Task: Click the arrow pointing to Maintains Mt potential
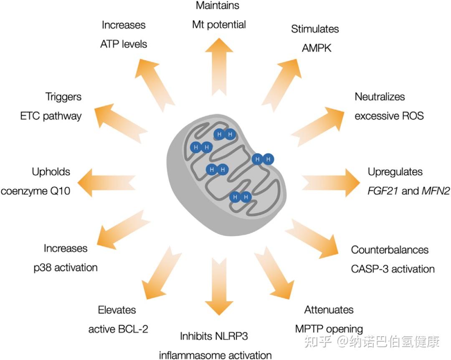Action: tap(219, 67)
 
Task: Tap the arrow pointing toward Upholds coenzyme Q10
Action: tap(106, 183)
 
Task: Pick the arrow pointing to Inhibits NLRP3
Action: tap(219, 286)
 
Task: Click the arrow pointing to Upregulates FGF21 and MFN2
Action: tap(331, 183)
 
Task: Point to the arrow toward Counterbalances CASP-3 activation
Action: tap(312, 238)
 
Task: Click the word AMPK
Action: tap(317, 48)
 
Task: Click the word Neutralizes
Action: tap(380, 96)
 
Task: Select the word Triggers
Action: tap(63, 97)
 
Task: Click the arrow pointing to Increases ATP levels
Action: tap(155, 86)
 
